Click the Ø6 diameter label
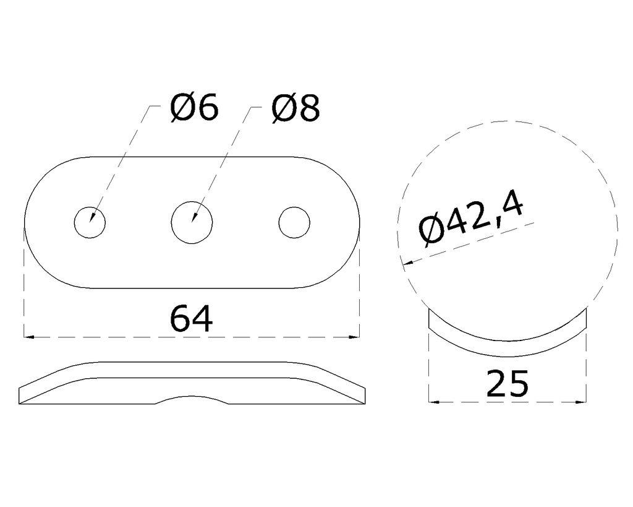pos(194,108)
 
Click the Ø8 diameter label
pos(296,108)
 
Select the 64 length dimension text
pos(191,319)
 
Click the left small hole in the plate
pos(90,223)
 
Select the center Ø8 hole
pos(192,223)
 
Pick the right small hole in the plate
pos(294,223)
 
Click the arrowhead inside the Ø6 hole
pos(92,216)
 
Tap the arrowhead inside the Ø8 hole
pos(194,217)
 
